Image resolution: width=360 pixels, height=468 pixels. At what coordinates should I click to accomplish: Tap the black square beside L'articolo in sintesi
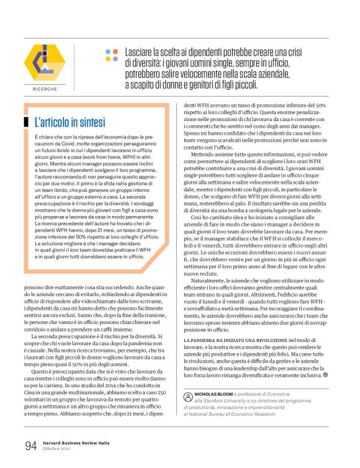[26, 122]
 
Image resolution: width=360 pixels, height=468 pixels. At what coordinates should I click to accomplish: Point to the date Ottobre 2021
[60, 449]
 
